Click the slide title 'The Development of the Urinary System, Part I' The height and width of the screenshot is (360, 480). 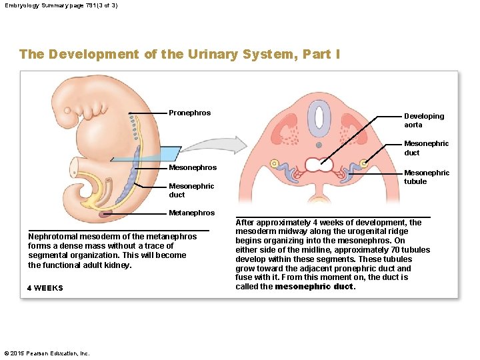pos(179,54)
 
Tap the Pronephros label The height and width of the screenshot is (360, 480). pos(189,113)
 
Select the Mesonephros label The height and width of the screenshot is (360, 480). pos(193,167)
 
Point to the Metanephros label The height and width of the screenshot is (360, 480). pos(192,213)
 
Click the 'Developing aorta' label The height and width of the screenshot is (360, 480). pos(423,120)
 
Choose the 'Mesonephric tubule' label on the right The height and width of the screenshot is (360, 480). pos(427,177)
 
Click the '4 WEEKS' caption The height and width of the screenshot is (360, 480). pos(45,288)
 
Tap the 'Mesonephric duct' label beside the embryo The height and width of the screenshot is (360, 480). pos(191,190)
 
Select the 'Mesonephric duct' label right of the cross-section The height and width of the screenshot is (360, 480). pos(426,148)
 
